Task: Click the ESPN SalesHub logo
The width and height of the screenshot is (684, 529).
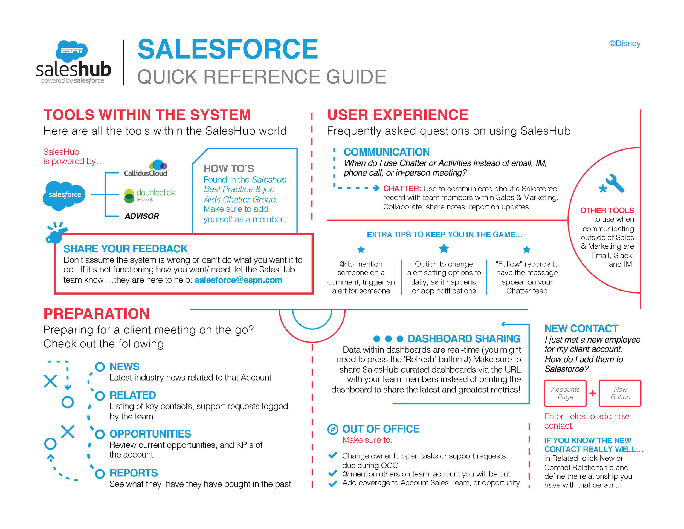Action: [x=73, y=63]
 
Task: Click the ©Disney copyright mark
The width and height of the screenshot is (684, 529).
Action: [x=625, y=43]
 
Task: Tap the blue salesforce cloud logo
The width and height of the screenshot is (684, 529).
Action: [x=64, y=195]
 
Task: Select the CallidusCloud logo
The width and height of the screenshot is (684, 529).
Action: [x=146, y=169]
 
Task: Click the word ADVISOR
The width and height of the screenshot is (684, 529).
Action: [x=142, y=216]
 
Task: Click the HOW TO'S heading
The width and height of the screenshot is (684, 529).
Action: [x=229, y=169]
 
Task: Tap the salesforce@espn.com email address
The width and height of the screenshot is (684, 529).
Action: [x=238, y=280]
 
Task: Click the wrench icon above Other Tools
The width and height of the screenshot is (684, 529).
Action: [x=613, y=184]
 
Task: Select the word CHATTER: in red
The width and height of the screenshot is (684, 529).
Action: [x=402, y=189]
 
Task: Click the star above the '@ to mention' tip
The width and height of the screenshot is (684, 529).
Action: [x=361, y=249]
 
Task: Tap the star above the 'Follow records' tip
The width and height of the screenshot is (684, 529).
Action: [x=526, y=249]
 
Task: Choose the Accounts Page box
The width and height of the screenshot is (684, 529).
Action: [x=565, y=393]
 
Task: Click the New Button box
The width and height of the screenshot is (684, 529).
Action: [x=620, y=393]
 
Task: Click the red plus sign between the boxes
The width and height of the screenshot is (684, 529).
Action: [x=592, y=393]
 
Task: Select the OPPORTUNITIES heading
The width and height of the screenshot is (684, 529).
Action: [x=150, y=434]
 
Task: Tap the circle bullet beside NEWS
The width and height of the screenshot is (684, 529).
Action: [x=100, y=367]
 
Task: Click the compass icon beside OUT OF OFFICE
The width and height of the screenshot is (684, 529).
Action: [x=332, y=429]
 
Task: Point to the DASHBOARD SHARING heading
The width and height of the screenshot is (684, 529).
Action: [x=464, y=339]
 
